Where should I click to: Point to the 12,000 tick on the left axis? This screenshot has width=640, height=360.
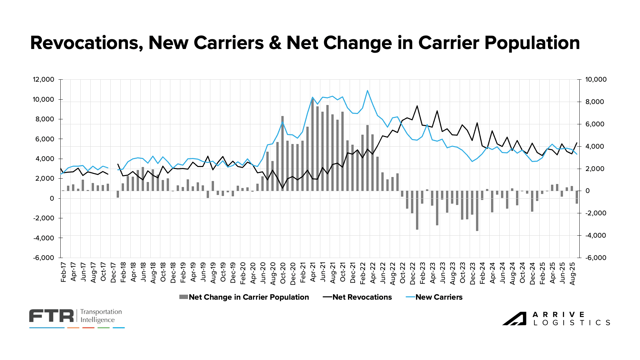point(43,79)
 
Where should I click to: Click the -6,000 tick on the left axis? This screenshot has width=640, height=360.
point(43,258)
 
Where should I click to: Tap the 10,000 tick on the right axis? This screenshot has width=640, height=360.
point(596,79)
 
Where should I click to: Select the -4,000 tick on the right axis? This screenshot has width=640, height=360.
point(596,235)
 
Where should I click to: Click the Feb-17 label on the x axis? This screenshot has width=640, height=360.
point(64,272)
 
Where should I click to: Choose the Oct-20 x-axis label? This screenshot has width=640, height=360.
point(283,273)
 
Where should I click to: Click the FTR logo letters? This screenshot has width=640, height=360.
point(51,316)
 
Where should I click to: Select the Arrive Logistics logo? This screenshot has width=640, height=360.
point(556,319)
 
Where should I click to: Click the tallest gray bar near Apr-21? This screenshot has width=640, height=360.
point(312,143)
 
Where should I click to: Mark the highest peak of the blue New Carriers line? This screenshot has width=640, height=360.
point(367,90)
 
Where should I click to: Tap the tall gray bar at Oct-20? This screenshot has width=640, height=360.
point(283,153)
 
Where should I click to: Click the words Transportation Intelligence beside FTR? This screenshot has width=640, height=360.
point(101,316)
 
